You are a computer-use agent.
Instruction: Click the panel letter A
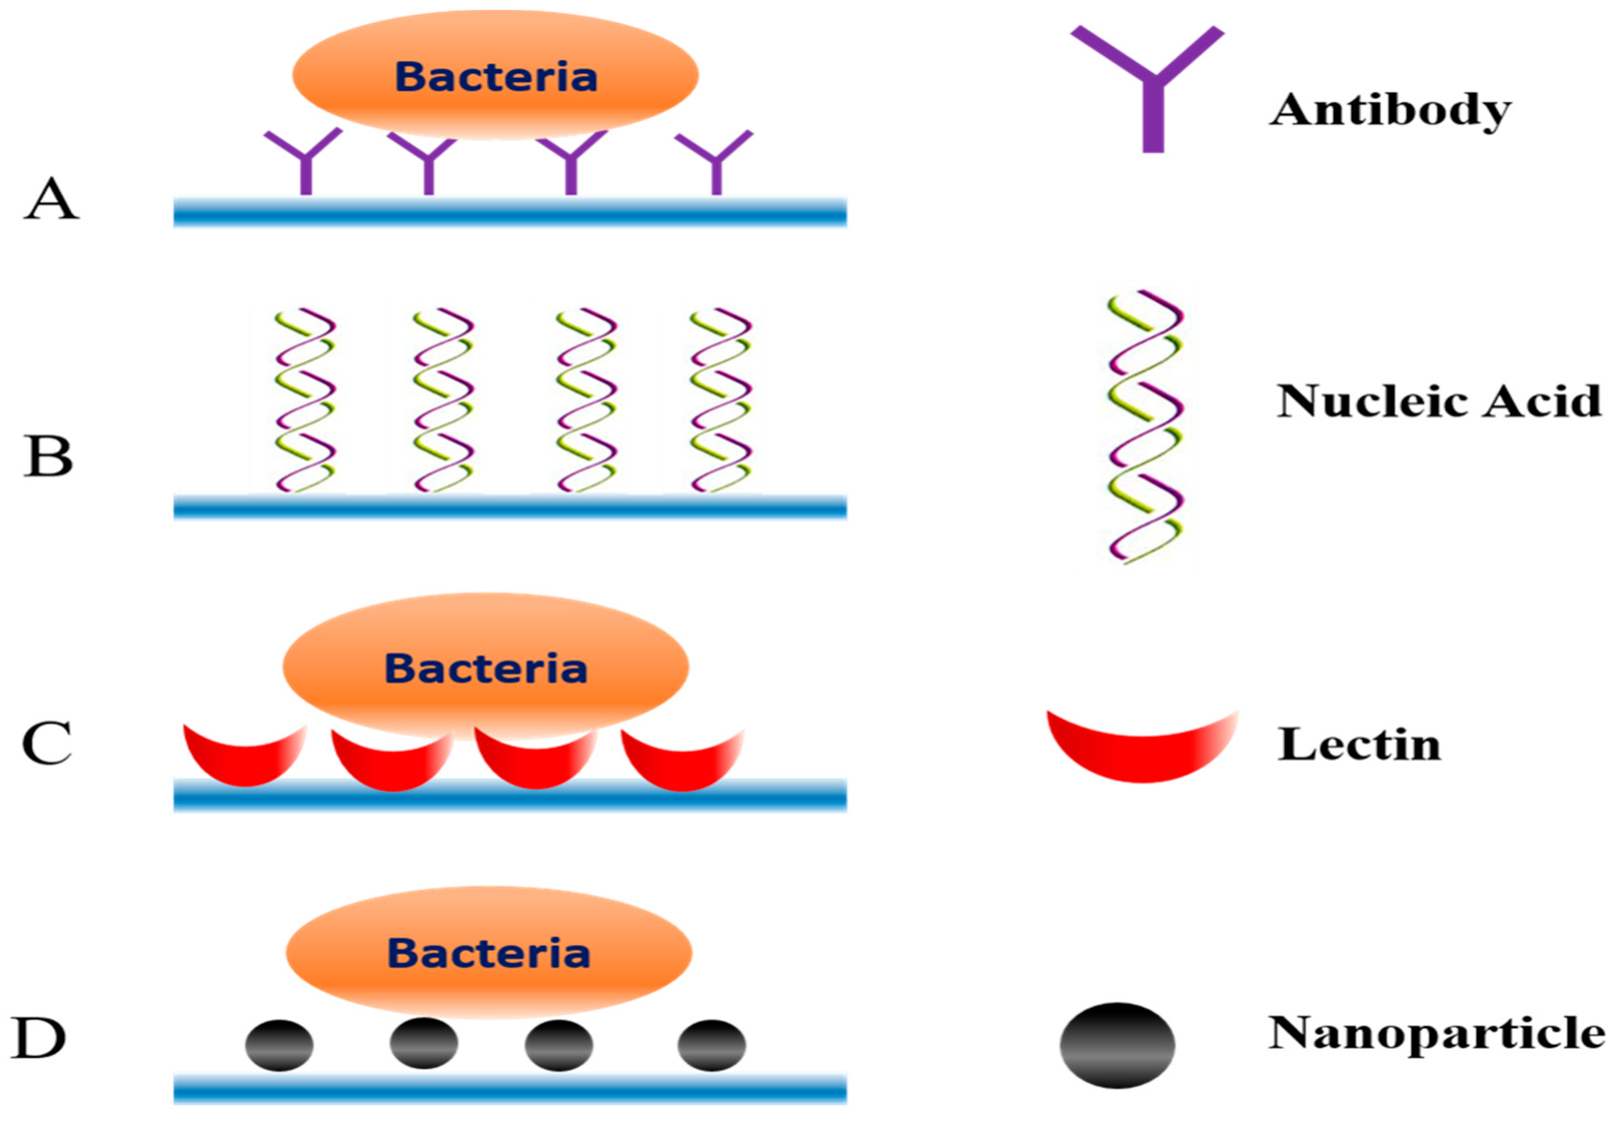[x=51, y=199]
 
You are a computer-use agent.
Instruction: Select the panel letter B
[x=48, y=456]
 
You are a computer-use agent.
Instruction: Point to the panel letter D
[x=39, y=1038]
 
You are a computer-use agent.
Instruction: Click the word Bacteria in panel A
[x=496, y=77]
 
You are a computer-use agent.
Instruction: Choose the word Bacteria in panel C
[x=486, y=668]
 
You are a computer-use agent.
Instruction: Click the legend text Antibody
[x=1390, y=110]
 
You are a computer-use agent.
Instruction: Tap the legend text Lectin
[x=1359, y=745]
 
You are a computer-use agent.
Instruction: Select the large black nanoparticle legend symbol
[x=1117, y=1046]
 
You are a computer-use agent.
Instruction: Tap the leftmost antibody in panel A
[x=305, y=162]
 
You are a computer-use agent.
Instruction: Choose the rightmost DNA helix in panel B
[x=721, y=400]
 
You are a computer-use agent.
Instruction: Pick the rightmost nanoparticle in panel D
[x=711, y=1045]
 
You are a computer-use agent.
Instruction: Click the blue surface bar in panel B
[x=510, y=507]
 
